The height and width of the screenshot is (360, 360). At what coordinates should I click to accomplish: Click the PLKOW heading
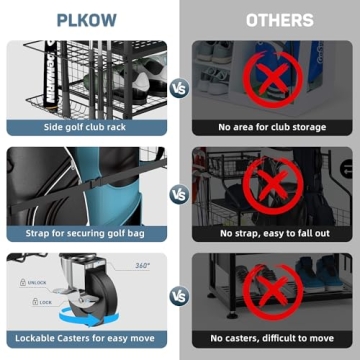point(89,19)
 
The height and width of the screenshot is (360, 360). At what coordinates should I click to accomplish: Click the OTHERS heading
point(269,19)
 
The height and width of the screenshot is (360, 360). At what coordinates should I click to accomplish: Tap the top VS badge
point(180,87)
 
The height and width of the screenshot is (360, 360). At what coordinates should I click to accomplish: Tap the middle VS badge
point(180,193)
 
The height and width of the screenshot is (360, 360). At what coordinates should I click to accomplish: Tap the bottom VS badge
point(180,297)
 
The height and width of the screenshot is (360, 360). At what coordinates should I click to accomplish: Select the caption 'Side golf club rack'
point(88,127)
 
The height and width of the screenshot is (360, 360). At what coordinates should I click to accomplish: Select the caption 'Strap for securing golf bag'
point(88,233)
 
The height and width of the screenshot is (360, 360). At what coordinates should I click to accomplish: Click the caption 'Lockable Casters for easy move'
point(88,339)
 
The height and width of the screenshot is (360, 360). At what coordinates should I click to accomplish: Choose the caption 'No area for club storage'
point(271,127)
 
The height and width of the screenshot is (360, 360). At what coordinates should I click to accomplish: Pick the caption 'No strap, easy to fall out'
point(271,233)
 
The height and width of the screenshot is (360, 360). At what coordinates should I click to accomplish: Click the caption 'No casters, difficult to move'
point(271,339)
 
